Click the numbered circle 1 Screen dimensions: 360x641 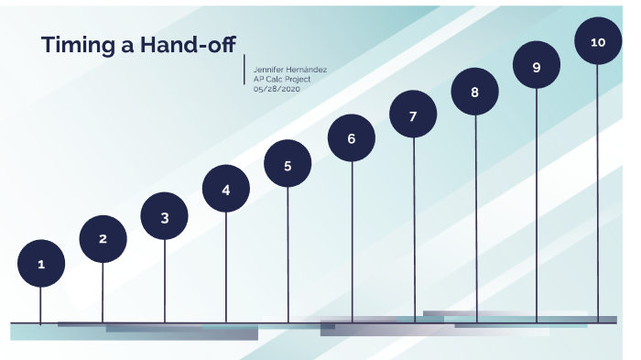41,264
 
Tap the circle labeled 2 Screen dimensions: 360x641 103,239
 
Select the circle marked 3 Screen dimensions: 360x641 165,217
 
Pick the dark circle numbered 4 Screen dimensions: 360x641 226,190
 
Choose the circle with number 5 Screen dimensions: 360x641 288,166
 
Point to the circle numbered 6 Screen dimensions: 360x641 352,139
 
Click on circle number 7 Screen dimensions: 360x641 413,116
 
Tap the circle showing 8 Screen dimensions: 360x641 474,92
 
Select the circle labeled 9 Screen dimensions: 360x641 537,67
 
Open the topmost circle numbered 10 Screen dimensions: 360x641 598,42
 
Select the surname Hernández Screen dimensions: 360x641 308,70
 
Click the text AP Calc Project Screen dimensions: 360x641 282,79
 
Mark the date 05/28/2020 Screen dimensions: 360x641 277,89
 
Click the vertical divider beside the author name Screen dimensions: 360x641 245,71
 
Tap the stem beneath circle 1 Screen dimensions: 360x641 41,305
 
